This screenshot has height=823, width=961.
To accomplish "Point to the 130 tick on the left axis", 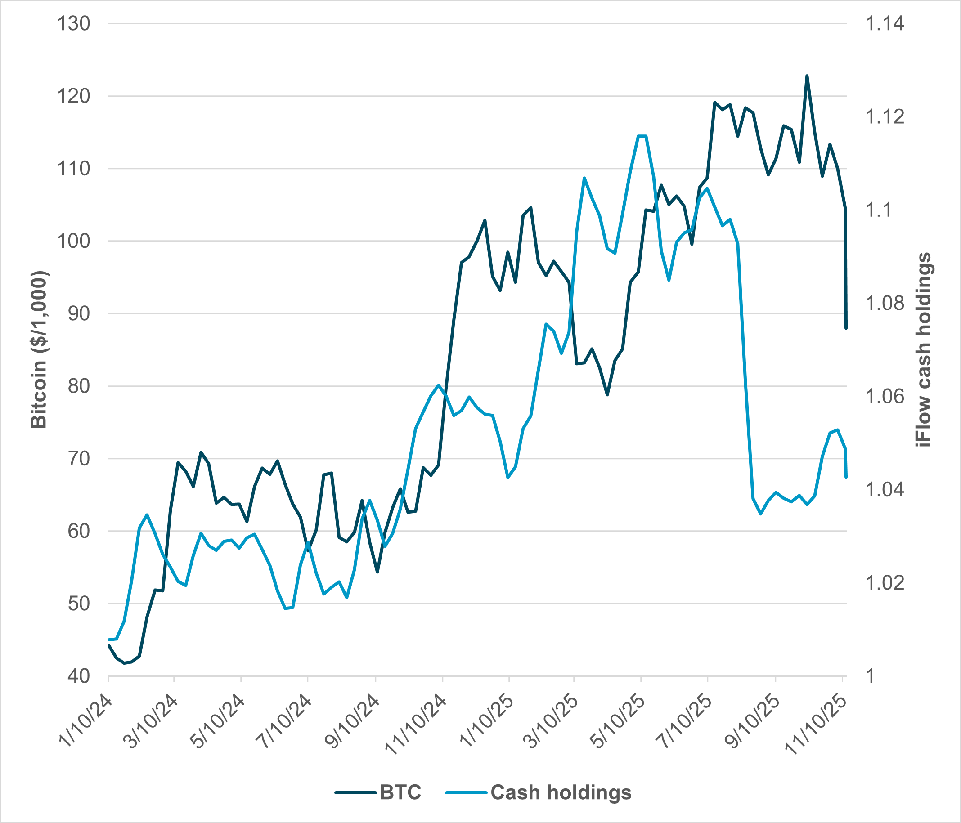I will (x=73, y=24).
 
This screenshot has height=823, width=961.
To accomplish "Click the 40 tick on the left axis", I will (x=78, y=676).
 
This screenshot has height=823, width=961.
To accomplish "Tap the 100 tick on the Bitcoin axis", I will (x=73, y=241).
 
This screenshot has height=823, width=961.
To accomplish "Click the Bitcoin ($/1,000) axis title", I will (x=39, y=349).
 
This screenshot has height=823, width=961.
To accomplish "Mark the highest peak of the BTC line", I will (x=807, y=76).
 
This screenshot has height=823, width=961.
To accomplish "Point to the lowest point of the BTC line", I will (x=124, y=663).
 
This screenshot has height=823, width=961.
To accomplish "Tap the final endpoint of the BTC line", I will (x=846, y=328).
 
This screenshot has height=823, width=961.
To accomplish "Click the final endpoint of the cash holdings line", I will (x=846, y=477).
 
